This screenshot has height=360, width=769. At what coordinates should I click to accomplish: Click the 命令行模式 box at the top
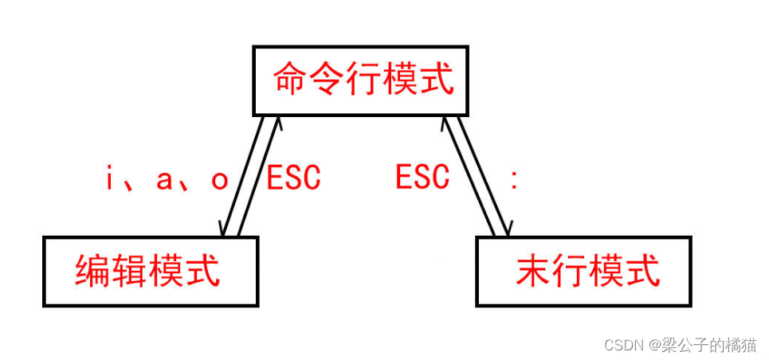[x=360, y=80]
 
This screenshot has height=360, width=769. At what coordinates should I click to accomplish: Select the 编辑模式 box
[x=151, y=271]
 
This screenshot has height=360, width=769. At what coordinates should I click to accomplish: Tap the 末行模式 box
[x=584, y=271]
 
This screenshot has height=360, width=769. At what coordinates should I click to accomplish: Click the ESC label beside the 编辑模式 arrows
[x=293, y=178]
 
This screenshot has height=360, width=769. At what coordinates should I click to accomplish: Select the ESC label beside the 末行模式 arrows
[x=422, y=177]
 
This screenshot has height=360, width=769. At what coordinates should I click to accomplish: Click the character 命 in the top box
[x=289, y=80]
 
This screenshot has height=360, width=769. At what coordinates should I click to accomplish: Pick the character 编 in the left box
[x=93, y=271]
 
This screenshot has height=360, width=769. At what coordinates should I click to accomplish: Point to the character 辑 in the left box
[x=130, y=271]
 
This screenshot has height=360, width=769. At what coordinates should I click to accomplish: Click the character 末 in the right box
[x=532, y=271]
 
